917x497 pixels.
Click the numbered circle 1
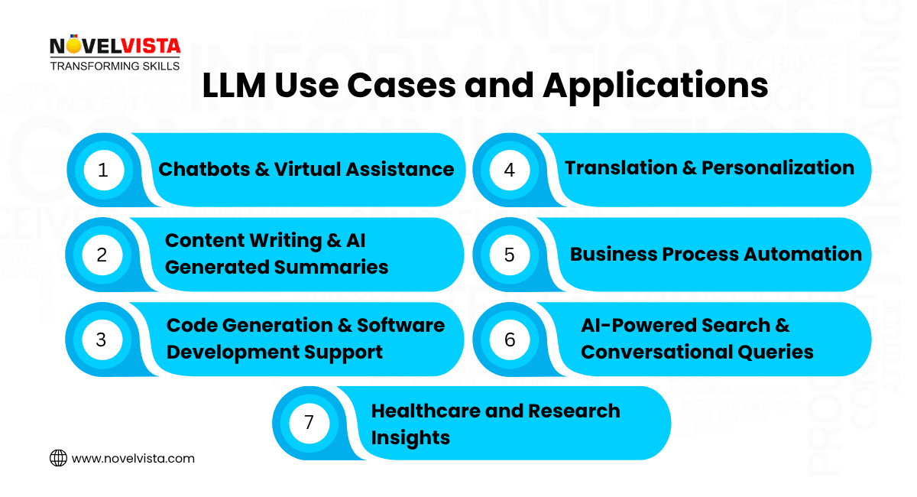point(103,170)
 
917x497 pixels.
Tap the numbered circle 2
point(102,255)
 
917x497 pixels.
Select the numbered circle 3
point(102,339)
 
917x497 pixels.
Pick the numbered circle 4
point(510,170)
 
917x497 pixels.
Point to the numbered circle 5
point(510,255)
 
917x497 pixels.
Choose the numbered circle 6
point(510,339)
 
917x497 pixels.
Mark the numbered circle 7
point(309,423)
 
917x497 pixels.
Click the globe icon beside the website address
point(58,458)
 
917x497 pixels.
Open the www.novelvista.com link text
point(133,459)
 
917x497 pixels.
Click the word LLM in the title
point(232,86)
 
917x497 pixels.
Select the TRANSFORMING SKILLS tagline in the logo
point(115,66)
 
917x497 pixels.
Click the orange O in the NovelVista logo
point(76,45)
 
